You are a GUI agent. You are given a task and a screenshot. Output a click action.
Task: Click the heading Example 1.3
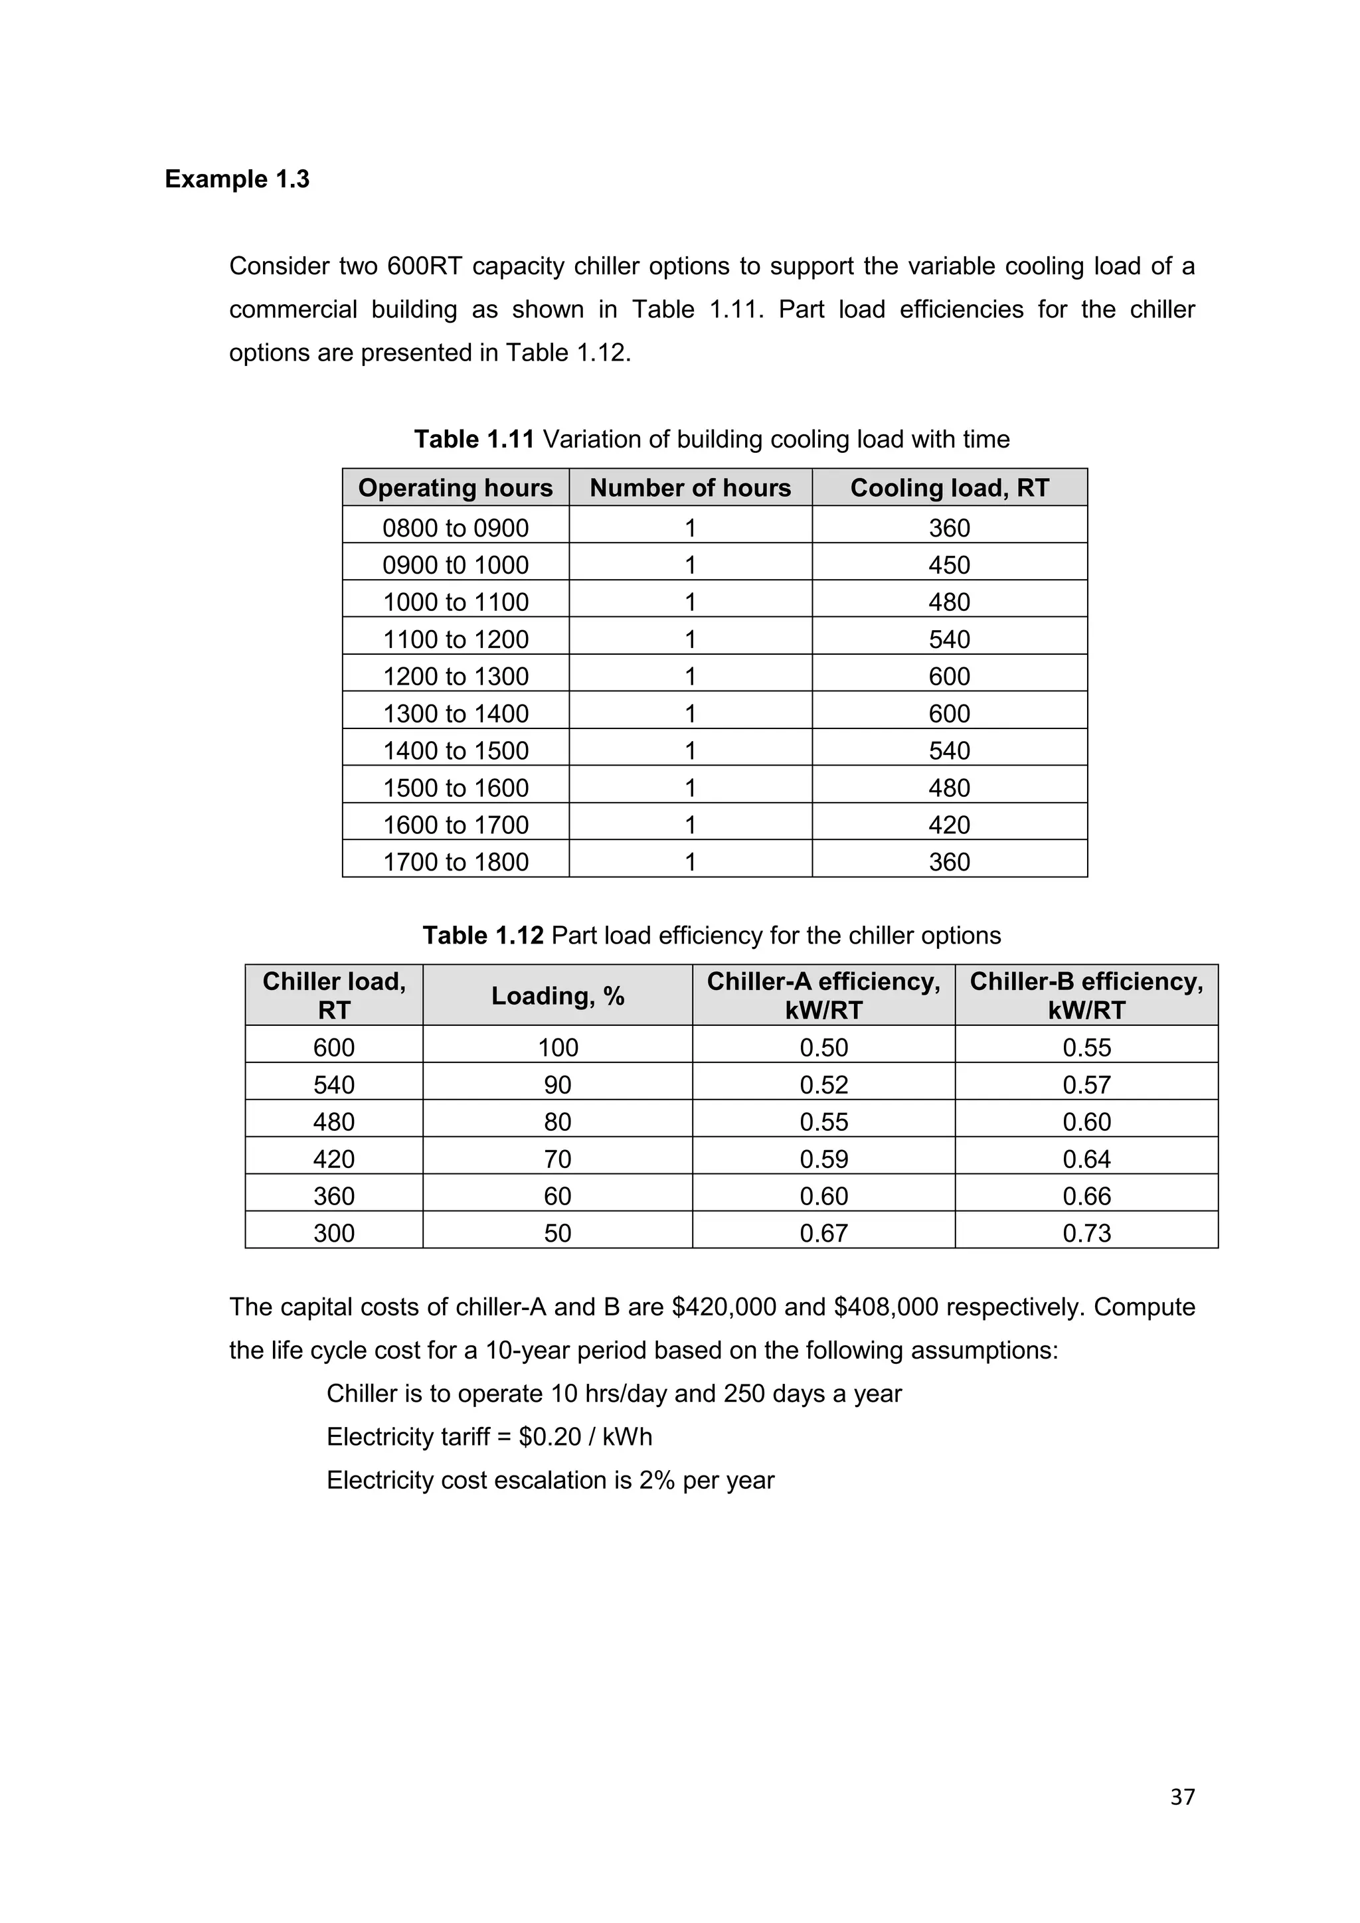237,179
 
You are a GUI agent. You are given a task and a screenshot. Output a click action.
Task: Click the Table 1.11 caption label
474,439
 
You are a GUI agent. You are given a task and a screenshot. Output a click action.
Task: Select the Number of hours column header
690,487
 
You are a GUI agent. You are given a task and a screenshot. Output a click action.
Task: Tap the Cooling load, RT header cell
949,487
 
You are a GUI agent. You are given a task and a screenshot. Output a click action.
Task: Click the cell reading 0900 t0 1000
456,564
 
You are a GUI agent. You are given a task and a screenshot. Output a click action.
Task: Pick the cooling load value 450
949,564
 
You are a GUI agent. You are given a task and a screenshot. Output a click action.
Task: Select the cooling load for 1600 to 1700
949,825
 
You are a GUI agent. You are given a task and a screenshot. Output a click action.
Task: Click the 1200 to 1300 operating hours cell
456,676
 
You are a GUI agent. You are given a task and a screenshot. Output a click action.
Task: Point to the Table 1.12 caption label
483,936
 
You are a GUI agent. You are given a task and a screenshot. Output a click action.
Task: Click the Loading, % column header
558,996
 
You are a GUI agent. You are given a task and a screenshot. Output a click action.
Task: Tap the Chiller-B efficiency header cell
1086,996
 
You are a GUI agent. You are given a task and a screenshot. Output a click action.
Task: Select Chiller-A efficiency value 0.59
823,1159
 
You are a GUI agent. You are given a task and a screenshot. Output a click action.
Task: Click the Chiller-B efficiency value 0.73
1086,1233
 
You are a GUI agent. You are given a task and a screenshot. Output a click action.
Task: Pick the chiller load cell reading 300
333,1233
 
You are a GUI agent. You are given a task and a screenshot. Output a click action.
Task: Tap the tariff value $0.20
549,1437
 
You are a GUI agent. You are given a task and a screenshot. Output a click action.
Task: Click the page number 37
1181,1797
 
